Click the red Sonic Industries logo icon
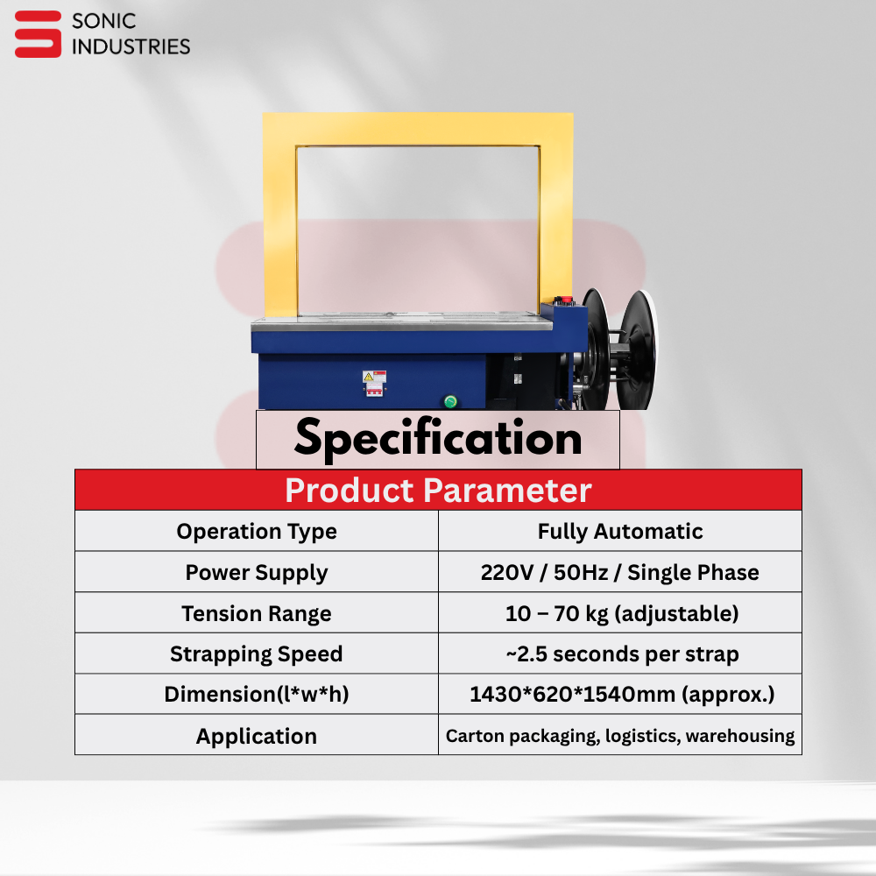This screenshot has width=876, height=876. coord(38,34)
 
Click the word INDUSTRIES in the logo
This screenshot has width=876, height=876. coord(131,47)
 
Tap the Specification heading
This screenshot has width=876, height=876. coord(438,439)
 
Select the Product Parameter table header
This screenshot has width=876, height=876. coord(438,490)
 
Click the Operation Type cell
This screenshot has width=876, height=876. coord(257,532)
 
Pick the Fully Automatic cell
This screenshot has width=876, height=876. coord(620,532)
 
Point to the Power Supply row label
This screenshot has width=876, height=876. coord(257,573)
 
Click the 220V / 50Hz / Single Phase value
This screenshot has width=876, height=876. coord(620,573)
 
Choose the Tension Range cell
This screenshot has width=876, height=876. coord(257,613)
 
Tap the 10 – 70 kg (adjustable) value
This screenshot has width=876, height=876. coord(622,613)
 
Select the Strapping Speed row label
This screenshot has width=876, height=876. coord(257,654)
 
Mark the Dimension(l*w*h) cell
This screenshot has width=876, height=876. coord(257,695)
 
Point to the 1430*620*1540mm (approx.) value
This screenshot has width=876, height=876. coord(622,695)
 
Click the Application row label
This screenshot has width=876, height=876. coord(257,737)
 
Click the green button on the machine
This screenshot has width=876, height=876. coord(450,401)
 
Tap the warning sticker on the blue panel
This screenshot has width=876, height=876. coord(374,384)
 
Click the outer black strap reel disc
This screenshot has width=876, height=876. coord(638,350)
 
